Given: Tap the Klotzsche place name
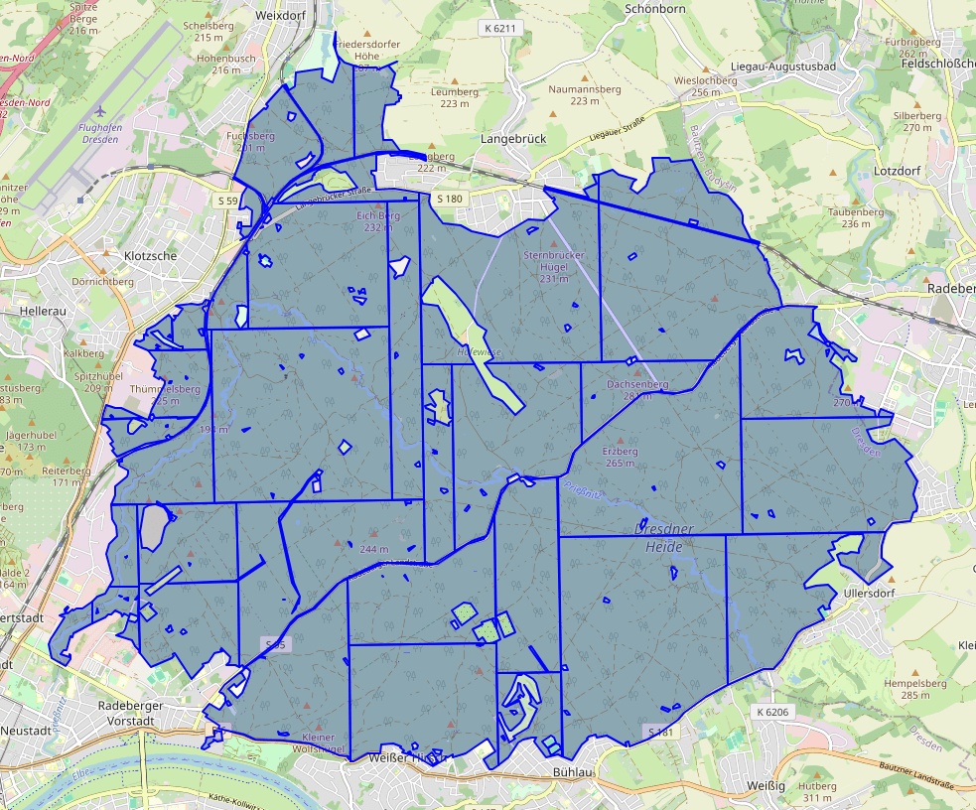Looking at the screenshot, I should click(x=151, y=255).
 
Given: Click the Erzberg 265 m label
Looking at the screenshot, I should click(x=620, y=457).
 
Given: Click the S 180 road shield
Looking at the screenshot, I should click(x=449, y=199).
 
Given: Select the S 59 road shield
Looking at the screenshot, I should click(x=227, y=201).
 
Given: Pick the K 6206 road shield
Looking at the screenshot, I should click(x=770, y=713).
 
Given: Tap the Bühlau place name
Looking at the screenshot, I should click(x=573, y=770).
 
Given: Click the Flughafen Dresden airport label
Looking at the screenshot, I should click(x=97, y=133).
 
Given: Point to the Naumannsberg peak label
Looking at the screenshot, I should click(x=585, y=94).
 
